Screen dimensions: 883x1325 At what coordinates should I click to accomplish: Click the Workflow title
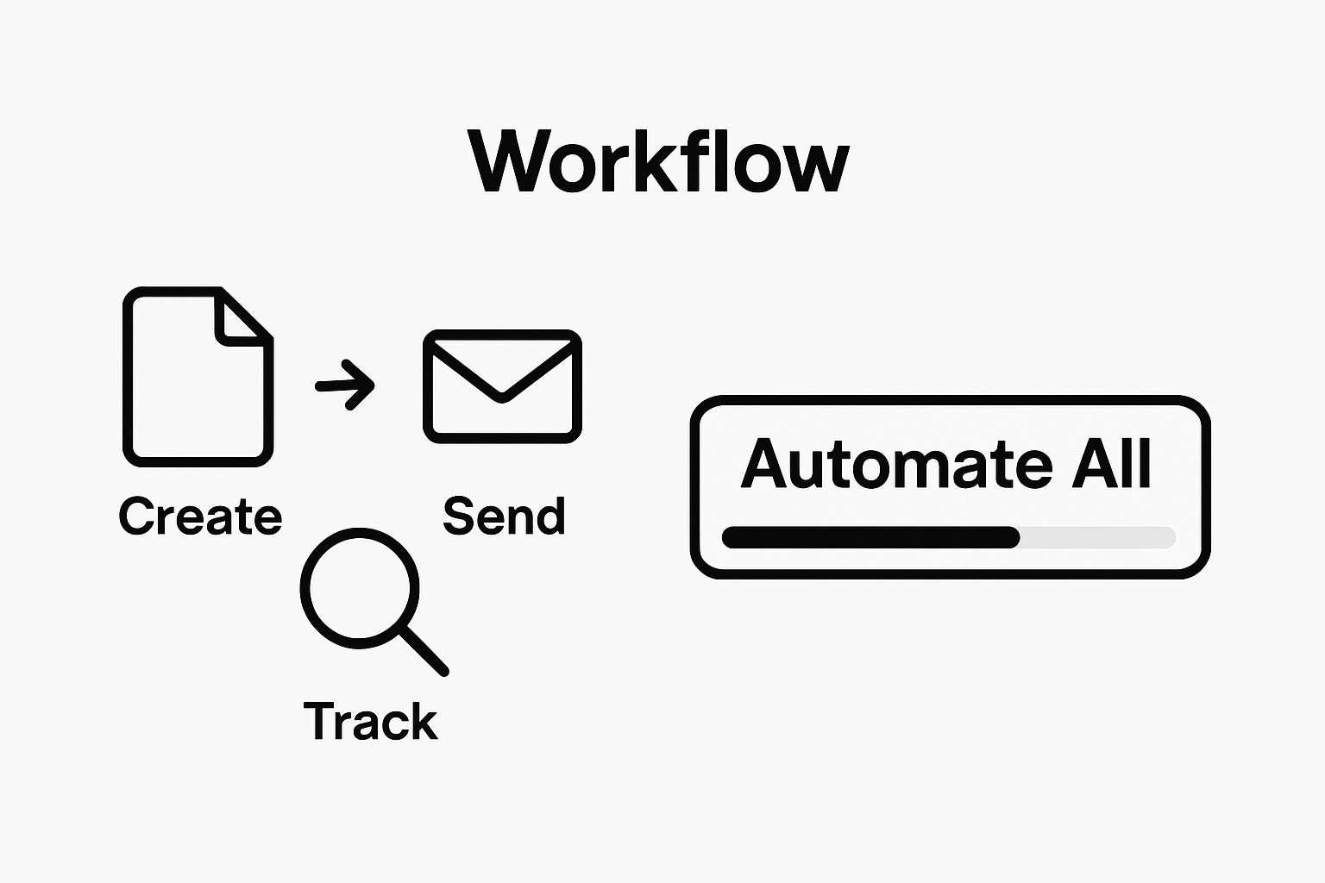[x=659, y=162]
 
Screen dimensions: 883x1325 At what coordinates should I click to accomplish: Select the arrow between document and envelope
[x=346, y=384]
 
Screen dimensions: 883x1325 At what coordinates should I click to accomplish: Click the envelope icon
[x=502, y=386]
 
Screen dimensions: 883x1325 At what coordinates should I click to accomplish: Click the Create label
[x=200, y=516]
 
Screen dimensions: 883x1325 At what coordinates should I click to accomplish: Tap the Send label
[x=504, y=516]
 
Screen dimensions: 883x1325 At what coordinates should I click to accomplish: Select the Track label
[x=371, y=721]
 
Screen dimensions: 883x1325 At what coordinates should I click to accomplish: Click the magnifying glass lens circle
[x=360, y=589]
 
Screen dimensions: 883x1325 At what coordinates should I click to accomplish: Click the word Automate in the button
[x=896, y=465]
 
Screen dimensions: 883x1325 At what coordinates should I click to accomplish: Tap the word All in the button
[x=1111, y=465]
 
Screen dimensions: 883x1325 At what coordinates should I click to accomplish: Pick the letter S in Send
[x=461, y=516]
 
